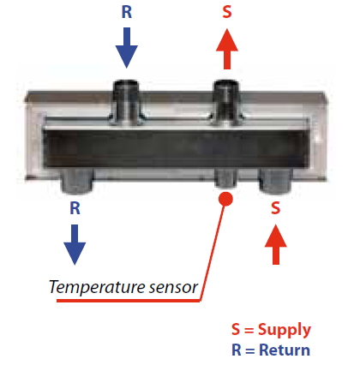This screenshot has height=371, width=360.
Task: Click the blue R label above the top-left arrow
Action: [127, 12]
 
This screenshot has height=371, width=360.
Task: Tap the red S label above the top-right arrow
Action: [227, 12]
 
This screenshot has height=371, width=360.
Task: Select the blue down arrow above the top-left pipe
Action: [127, 48]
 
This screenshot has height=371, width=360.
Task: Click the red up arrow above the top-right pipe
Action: [227, 49]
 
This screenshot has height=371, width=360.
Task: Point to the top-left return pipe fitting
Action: [126, 102]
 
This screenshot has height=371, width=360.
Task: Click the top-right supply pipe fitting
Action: [226, 102]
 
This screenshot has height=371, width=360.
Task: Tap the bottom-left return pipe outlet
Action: [77, 180]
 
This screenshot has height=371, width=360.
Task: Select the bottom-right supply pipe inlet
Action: [276, 180]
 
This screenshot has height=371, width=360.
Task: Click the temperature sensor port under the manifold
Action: [225, 178]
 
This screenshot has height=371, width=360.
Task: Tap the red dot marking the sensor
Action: [225, 199]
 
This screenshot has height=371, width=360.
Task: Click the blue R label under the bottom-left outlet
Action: [75, 208]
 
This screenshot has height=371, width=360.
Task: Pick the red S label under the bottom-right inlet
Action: [275, 208]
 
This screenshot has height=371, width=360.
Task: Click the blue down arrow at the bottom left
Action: [75, 245]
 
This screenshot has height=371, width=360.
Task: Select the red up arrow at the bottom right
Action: [276, 244]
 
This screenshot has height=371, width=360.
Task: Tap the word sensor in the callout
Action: [173, 288]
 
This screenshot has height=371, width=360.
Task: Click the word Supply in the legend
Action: [285, 331]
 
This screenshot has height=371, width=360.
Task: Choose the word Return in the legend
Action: [285, 350]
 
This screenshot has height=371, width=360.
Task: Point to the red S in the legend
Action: [236, 329]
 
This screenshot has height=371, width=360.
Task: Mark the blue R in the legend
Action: [237, 350]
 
